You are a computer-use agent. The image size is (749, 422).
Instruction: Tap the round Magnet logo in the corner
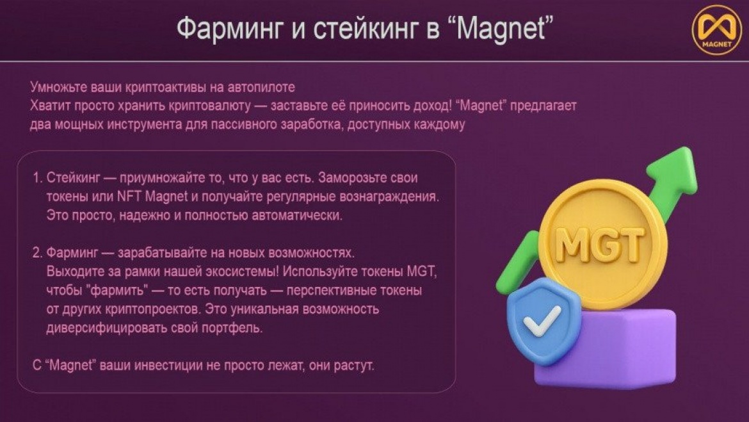click(716, 29)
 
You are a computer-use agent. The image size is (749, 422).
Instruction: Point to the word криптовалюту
click(210, 106)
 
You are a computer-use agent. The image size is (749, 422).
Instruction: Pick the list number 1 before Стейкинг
click(37, 178)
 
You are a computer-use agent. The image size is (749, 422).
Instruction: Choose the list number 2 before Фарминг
click(37, 253)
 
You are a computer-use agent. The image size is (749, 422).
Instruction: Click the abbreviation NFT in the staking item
click(129, 197)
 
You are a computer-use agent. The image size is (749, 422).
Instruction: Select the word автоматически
click(297, 216)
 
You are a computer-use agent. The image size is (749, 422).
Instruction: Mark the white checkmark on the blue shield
click(541, 320)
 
